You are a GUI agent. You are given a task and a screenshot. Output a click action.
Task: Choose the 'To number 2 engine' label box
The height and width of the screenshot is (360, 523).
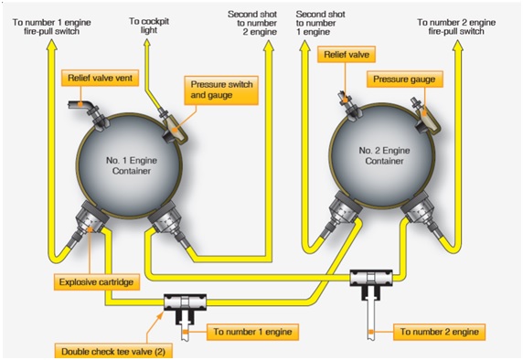440,331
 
